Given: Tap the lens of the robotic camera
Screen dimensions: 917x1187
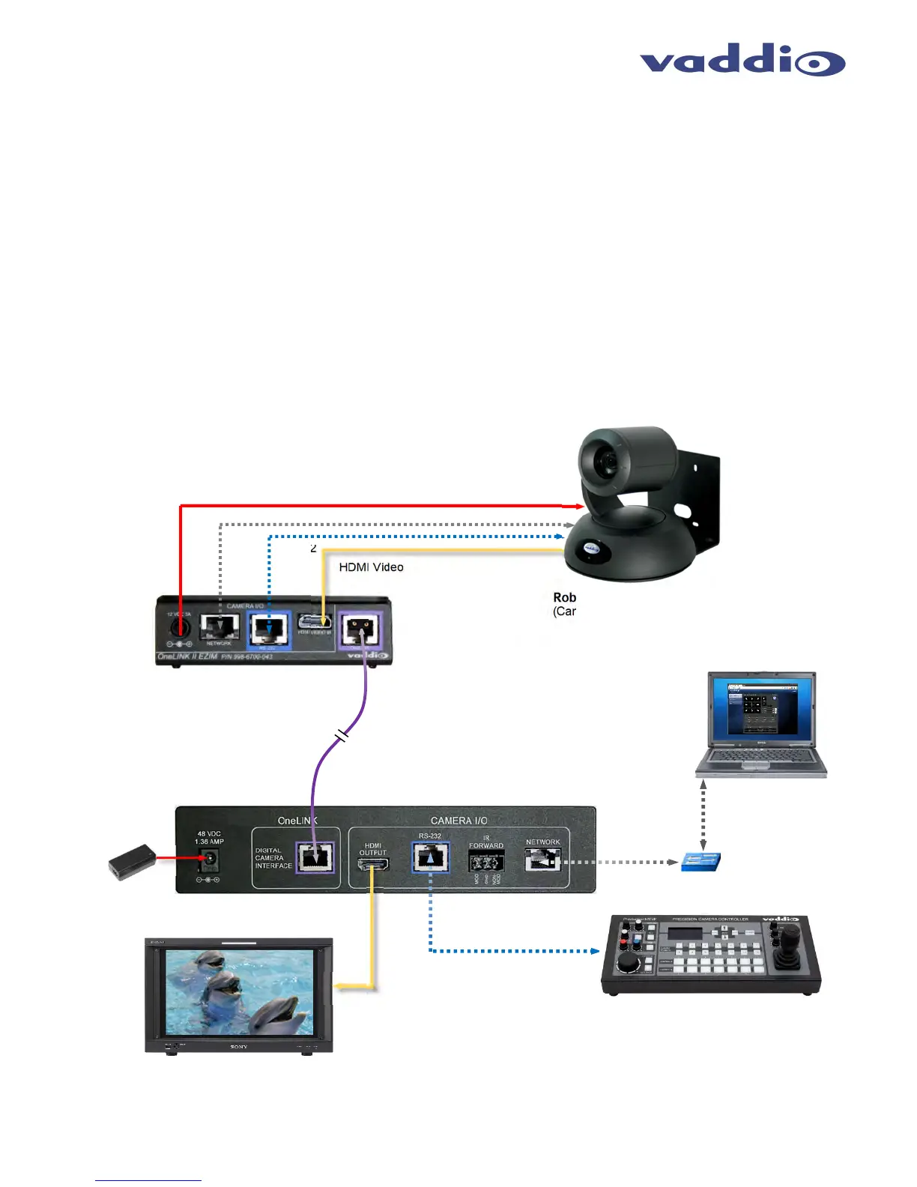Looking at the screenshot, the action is [603, 461].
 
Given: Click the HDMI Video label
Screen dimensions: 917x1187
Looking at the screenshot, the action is [371, 567].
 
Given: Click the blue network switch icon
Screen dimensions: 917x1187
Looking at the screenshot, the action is [700, 862].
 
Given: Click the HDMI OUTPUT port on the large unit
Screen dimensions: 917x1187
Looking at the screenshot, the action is [373, 865].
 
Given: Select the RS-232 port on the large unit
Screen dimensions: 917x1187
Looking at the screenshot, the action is [430, 857].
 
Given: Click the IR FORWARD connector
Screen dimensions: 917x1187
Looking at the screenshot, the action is [486, 862].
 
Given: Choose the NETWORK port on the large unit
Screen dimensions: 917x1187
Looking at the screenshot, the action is [543, 860].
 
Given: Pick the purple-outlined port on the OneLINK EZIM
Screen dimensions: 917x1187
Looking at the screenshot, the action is [360, 629].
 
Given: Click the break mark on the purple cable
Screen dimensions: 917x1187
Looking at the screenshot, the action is [342, 736].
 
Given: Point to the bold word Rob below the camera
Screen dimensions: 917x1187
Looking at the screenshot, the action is [564, 597].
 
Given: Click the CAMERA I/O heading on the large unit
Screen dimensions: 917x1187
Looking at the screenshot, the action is [458, 821].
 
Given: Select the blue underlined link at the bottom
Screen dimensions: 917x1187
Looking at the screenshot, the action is [148, 1180].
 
